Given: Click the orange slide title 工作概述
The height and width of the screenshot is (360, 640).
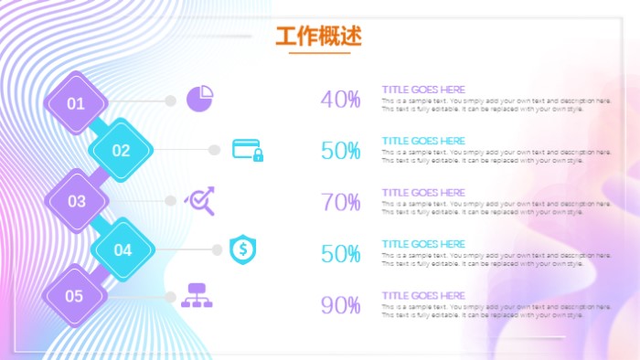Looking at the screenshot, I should tap(318, 36).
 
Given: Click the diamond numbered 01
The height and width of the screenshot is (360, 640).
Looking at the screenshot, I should tap(76, 103).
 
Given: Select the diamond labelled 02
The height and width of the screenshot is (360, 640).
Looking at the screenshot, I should tap(122, 151).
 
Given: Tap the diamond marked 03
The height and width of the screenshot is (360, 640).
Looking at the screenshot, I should tap(76, 201).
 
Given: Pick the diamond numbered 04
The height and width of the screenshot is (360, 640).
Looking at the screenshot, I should tap(123, 249).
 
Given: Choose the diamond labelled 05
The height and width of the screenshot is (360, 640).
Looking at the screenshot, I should tap(75, 296).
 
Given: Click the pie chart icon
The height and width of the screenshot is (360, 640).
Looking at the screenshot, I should tap(200, 98).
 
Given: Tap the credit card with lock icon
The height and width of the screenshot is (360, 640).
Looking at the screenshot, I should tap(247, 150).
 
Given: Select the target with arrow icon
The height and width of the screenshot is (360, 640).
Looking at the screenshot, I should tap(200, 200).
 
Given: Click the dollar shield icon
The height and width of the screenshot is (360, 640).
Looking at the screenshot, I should tap(242, 249).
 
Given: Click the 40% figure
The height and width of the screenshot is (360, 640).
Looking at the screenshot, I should tap(340, 100).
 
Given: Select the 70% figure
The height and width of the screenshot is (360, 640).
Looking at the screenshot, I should tap(340, 202).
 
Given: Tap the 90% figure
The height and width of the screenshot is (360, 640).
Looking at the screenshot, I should tap(340, 305).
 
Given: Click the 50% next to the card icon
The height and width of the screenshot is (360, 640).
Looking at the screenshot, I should tap(340, 151).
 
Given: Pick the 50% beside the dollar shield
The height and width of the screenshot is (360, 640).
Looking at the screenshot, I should tap(340, 254).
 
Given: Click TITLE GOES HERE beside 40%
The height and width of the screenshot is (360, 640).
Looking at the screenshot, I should tap(423, 90).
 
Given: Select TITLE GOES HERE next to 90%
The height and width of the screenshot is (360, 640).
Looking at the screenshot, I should tap(423, 295).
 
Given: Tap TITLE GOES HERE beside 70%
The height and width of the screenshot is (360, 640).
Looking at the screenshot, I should tap(423, 193).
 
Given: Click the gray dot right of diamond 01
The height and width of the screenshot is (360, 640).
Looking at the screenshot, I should tap(170, 101).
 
